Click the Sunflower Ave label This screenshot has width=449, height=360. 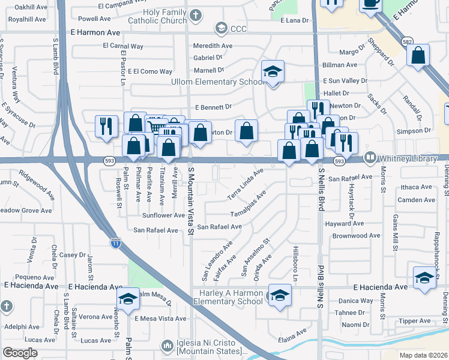click(x=163, y=215)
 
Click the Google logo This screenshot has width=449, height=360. click(x=20, y=353)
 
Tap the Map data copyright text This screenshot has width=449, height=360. click(x=423, y=355)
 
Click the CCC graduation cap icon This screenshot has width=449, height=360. click(x=221, y=28)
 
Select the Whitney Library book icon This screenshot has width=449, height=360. click(x=370, y=157)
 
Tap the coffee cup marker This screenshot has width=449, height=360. click(x=370, y=4)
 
